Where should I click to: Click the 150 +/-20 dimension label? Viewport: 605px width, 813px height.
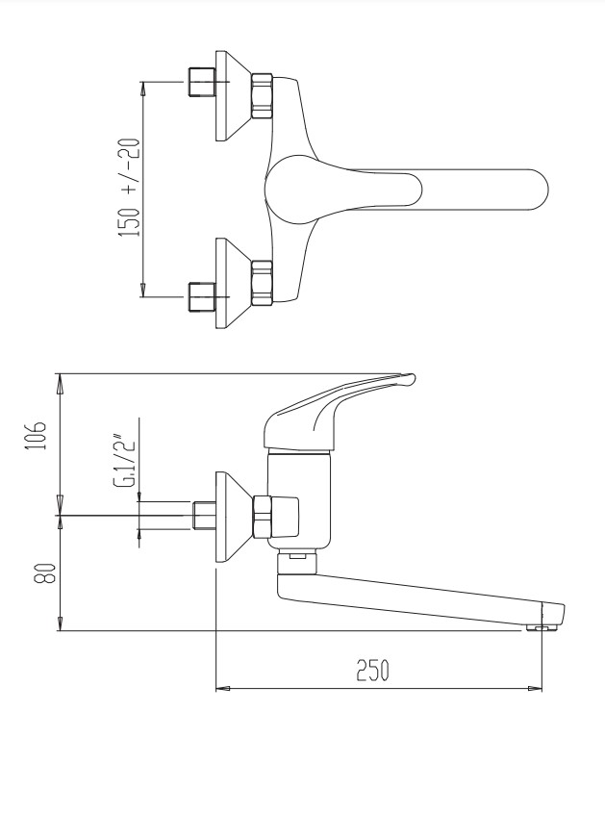pos(130,188)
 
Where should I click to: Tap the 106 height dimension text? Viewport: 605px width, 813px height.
pos(37,436)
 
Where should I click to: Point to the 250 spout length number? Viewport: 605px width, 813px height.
pos(372,670)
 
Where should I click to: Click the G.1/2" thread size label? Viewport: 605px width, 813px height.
pos(124,463)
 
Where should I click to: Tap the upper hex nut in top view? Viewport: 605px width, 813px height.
pos(262,96)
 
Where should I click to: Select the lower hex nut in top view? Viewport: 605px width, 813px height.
pos(262,283)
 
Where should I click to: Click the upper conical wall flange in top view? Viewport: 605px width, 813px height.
pos(234,95)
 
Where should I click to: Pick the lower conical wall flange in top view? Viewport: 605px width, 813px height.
pos(234,283)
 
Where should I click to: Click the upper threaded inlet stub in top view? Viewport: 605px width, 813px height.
pos(201,82)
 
